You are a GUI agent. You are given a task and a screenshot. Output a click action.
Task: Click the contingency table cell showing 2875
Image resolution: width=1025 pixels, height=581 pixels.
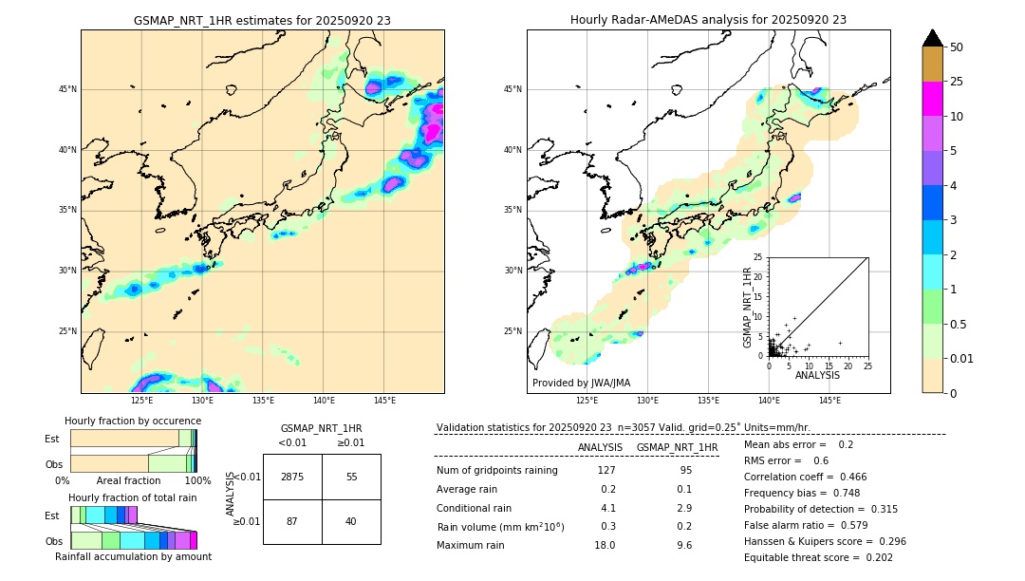coord(292,477)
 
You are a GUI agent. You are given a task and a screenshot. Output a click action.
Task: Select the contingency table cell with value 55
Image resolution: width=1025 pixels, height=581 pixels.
coord(351,477)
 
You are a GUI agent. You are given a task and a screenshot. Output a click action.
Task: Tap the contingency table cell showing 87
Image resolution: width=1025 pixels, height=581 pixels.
coord(292,521)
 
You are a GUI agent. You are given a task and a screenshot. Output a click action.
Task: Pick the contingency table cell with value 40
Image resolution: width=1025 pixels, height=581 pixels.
coord(351,521)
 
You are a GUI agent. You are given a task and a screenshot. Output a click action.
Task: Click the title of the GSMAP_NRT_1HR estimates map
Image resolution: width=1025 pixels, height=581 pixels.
coord(262,20)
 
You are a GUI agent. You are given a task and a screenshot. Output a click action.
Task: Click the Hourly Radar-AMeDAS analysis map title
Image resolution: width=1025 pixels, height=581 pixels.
coord(708,20)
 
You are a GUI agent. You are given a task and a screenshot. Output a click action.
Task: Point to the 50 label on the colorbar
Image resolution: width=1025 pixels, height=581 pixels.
coord(957,47)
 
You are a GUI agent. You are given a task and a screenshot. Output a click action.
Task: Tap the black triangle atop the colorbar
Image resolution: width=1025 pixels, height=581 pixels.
coord(932,38)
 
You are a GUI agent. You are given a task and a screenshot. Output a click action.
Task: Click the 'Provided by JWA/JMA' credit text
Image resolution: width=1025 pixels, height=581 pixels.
coord(581,383)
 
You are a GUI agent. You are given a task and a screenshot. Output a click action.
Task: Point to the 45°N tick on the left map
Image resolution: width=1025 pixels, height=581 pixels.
coord(67,89)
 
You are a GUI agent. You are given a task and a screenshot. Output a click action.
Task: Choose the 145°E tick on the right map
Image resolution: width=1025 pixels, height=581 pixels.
coord(829,401)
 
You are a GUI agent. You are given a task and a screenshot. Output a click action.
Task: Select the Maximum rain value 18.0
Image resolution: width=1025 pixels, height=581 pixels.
coord(605,545)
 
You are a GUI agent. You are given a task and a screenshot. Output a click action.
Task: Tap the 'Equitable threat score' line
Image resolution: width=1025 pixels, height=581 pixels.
coord(818,557)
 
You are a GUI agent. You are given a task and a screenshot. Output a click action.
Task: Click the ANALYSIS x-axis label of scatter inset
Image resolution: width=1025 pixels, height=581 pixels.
coord(817,375)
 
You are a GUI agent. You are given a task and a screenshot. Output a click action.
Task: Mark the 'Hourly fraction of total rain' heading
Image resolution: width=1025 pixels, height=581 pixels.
coord(133,497)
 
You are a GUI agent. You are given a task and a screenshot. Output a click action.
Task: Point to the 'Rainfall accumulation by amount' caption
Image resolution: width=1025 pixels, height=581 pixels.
coord(134,556)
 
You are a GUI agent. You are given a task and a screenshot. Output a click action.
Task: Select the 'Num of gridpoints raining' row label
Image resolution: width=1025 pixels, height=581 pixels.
coord(496,470)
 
